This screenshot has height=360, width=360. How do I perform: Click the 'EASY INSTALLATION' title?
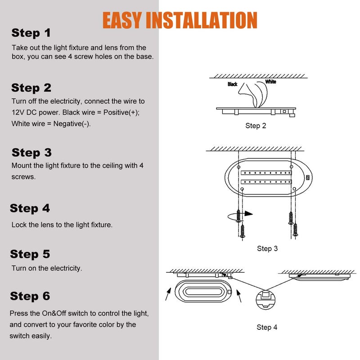[x=180, y=20]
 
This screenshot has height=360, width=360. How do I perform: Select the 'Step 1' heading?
[x=31, y=33]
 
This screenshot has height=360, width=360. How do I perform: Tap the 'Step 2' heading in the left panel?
[x=31, y=87]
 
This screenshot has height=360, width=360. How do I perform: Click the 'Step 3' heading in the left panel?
[x=31, y=152]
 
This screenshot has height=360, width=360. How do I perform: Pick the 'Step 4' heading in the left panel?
[x=30, y=208]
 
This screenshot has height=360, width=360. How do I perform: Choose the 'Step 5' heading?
[x=30, y=254]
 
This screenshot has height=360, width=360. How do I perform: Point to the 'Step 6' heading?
[x=30, y=296]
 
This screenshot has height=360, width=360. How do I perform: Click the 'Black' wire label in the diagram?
[x=232, y=84]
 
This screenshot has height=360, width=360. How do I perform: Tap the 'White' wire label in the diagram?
[x=270, y=81]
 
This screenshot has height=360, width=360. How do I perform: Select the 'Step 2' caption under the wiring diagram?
[x=256, y=126]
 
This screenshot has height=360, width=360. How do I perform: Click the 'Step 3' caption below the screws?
[x=267, y=248]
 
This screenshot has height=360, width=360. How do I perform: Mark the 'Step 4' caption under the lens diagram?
[x=267, y=327]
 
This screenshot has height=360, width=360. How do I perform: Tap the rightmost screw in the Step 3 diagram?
[x=295, y=229]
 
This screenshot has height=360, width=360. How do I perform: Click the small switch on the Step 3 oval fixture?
[x=308, y=177]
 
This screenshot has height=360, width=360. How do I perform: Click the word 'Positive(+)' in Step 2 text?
[x=122, y=112]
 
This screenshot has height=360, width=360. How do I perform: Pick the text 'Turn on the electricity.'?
[x=47, y=268]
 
